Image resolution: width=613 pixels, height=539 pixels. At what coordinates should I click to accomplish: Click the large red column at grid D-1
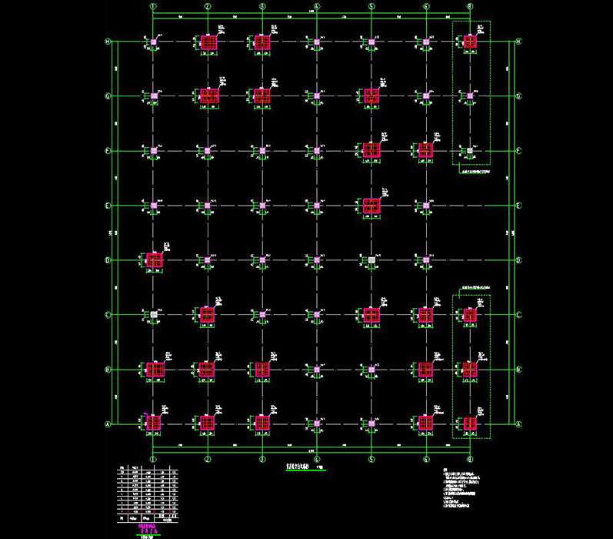coord(154,260)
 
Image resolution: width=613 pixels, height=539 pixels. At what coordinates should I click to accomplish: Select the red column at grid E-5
coord(371,206)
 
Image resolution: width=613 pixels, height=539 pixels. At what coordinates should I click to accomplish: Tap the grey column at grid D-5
coord(371,260)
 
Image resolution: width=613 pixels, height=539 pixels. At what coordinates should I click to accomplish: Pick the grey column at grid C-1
coord(154,315)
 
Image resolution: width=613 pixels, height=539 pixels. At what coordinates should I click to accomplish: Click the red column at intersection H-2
coord(208,42)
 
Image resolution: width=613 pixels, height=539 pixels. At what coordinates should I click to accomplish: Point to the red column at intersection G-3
coord(262,95)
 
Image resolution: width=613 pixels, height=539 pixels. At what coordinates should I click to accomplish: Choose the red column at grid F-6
coord(425,150)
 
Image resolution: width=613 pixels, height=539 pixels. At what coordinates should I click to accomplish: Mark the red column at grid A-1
coord(154,423)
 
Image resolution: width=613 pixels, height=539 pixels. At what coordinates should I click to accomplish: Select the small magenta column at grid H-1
coord(154,42)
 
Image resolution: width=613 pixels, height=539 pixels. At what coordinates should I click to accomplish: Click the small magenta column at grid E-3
coord(262,206)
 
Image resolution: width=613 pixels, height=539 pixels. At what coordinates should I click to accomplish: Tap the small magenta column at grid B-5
coord(371,370)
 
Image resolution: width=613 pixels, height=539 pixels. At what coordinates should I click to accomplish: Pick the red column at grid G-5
coord(371,95)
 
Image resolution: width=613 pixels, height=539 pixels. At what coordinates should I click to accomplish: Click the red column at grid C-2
coord(208,315)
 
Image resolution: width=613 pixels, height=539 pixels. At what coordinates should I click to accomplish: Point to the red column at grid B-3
coord(262,370)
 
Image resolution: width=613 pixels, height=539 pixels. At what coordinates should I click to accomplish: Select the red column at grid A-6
coord(425,423)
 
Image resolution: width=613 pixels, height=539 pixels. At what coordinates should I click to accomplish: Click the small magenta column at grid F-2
coord(208,150)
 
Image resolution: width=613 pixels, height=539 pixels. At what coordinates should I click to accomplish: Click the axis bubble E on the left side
coord(108,206)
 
